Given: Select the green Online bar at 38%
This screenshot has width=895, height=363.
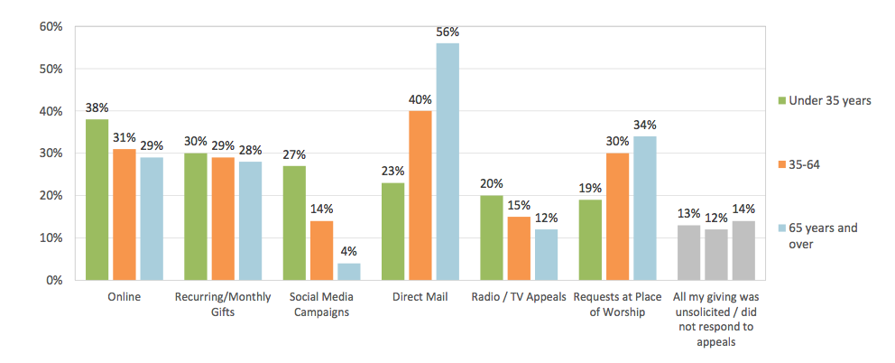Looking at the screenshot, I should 97,200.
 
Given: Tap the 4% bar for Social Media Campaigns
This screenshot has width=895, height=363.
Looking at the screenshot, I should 348,271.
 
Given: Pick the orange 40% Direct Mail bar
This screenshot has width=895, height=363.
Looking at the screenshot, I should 420,195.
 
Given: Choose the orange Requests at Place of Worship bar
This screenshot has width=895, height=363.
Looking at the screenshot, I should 617,217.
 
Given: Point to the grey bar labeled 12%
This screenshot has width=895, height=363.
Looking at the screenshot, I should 716,255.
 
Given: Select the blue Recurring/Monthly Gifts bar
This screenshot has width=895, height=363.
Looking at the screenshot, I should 250,220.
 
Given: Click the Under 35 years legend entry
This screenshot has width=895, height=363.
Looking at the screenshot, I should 823,100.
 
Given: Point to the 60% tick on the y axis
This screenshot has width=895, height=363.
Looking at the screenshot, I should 50,27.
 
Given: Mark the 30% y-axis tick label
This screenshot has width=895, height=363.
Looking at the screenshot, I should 50,154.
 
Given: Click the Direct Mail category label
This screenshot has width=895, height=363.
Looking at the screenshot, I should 420,296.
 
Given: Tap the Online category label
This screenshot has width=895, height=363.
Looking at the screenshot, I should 124,296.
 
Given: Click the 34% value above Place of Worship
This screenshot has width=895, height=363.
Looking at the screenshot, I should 645,125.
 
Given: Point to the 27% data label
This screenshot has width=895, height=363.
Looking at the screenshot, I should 294,154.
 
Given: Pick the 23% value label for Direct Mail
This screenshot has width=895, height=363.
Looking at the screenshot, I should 393,172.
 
